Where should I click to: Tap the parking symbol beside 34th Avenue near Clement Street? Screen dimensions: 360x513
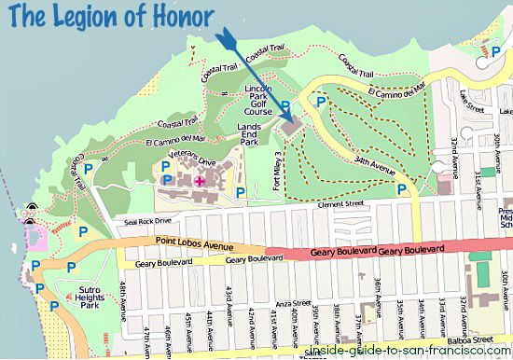click(x=402, y=189)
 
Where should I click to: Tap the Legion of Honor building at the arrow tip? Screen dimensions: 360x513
click(x=292, y=124)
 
